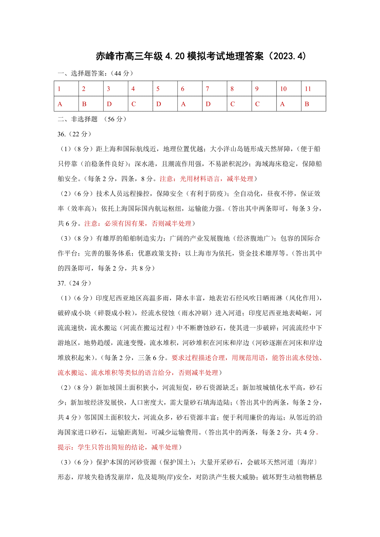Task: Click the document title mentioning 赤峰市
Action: (x=201, y=56)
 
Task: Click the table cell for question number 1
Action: (x=66, y=89)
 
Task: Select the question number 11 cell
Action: (x=313, y=89)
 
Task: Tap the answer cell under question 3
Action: (x=116, y=104)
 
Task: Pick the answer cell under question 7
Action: (x=214, y=104)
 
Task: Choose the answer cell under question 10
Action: (x=288, y=104)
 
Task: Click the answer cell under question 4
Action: (x=140, y=104)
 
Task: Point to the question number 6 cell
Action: (x=190, y=89)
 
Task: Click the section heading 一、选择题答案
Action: (x=95, y=74)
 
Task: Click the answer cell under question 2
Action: (x=91, y=104)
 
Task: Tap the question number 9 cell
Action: (x=264, y=89)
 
